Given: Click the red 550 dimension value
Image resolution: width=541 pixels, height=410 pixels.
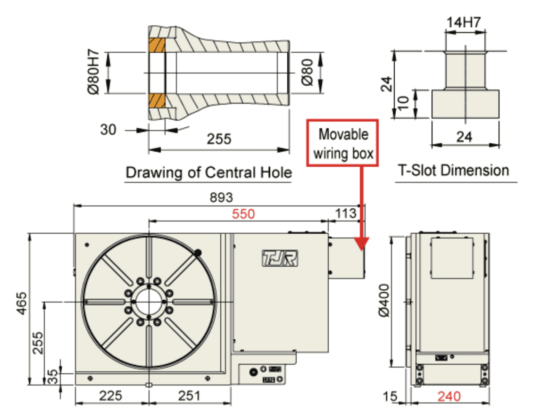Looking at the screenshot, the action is (x=243, y=214).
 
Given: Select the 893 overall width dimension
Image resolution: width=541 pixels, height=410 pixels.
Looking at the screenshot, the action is (x=221, y=197).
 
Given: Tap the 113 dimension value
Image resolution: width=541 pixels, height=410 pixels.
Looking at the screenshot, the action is (x=346, y=213).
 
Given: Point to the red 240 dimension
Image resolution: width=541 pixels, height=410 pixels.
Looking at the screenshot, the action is (x=449, y=396).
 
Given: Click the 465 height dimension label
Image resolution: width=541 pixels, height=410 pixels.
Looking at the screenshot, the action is (x=21, y=303).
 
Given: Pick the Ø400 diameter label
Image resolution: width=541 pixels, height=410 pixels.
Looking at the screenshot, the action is (x=383, y=300).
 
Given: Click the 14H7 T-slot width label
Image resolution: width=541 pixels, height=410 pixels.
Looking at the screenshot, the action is (x=463, y=23).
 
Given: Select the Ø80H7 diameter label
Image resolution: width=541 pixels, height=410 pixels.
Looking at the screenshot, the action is (x=93, y=72).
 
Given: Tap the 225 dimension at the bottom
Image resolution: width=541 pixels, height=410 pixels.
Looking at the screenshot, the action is (x=110, y=395).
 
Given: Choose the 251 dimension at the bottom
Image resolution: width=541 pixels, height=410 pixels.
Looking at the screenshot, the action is (x=189, y=395).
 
